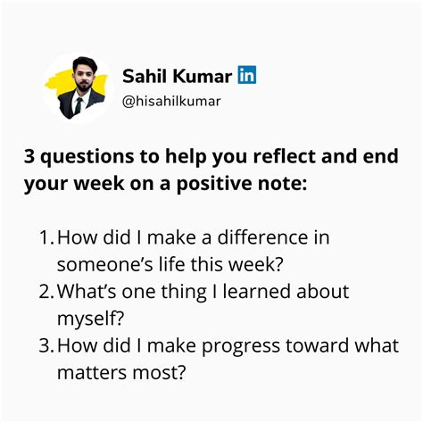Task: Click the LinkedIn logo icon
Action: click(x=247, y=75)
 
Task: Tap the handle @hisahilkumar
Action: click(x=171, y=102)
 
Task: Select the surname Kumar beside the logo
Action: click(x=203, y=76)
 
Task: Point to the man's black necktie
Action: click(x=79, y=105)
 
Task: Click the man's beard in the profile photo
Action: click(x=82, y=87)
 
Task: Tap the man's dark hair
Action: click(x=84, y=63)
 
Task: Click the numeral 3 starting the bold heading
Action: click(x=29, y=156)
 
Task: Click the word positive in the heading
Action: click(x=214, y=184)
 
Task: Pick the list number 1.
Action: click(x=45, y=237)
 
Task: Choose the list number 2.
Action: click(x=46, y=291)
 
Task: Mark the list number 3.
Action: click(x=46, y=345)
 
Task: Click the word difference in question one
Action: click(x=262, y=237)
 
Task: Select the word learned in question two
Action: click(x=256, y=291)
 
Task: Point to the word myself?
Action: click(x=90, y=319)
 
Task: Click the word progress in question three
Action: click(x=241, y=346)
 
